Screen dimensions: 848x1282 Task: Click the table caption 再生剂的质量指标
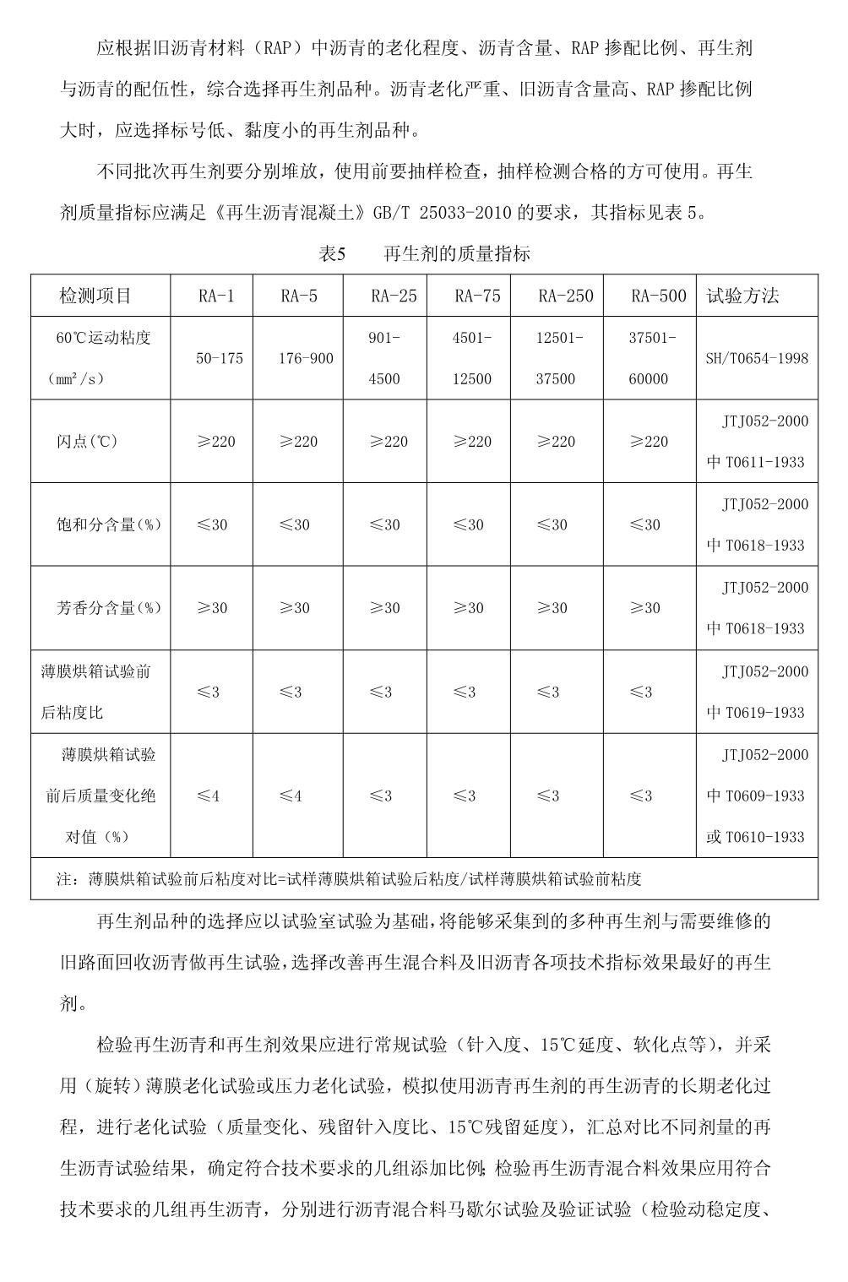tap(456, 253)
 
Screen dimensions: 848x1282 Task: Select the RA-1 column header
tap(216, 296)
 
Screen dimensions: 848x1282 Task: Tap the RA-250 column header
tap(565, 296)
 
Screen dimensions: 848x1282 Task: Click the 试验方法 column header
tap(742, 296)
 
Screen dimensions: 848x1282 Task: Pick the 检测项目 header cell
tap(95, 296)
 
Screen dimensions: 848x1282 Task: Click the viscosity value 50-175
tap(220, 358)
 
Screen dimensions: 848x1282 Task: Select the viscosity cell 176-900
tap(306, 358)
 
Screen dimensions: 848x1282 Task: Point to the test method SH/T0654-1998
tap(757, 358)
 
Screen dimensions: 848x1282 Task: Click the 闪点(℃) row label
tap(87, 442)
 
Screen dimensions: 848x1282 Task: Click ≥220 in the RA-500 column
tap(649, 442)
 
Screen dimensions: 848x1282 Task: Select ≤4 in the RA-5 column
tap(291, 796)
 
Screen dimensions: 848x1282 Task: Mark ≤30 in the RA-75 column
tap(469, 524)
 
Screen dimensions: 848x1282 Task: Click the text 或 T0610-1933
tap(756, 837)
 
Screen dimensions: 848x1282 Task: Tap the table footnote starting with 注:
tap(349, 879)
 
